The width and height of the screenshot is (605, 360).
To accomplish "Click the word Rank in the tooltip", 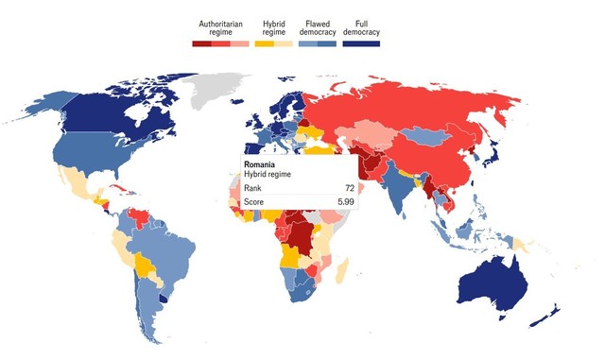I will pyautogui.click(x=253, y=188).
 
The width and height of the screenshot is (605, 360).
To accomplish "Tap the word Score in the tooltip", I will pyautogui.click(x=255, y=201).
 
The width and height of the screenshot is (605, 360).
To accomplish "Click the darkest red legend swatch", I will pyautogui.click(x=199, y=43).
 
